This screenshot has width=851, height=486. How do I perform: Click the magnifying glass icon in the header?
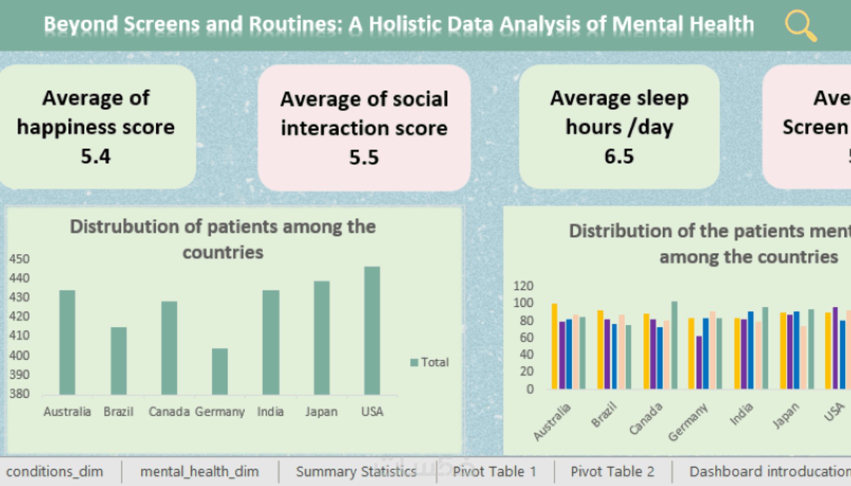(800, 25)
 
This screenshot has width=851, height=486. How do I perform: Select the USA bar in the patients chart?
(372, 331)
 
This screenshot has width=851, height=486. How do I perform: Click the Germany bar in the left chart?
(220, 371)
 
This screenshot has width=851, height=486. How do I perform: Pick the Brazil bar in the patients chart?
(119, 361)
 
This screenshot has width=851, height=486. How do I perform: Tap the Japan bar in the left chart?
(321, 338)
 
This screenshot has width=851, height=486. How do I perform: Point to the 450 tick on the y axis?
(20, 259)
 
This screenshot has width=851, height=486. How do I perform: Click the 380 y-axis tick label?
(20, 394)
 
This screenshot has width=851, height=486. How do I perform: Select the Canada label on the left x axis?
(169, 412)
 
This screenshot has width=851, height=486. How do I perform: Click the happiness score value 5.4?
(96, 157)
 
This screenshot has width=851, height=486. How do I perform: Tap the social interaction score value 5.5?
(364, 158)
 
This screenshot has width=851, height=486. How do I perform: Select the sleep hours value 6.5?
(619, 157)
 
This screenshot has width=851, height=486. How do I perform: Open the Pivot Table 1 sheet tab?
(494, 471)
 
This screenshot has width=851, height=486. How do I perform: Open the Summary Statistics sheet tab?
(356, 471)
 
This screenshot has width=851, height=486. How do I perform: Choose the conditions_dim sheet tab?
(55, 471)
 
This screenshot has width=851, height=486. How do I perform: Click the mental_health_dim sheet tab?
(199, 471)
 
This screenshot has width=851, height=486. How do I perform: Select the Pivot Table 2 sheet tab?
(612, 471)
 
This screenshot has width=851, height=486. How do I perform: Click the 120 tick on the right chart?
(523, 286)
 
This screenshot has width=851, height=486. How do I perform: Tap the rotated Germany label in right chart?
(688, 422)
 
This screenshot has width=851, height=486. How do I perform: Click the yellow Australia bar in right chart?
(554, 346)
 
